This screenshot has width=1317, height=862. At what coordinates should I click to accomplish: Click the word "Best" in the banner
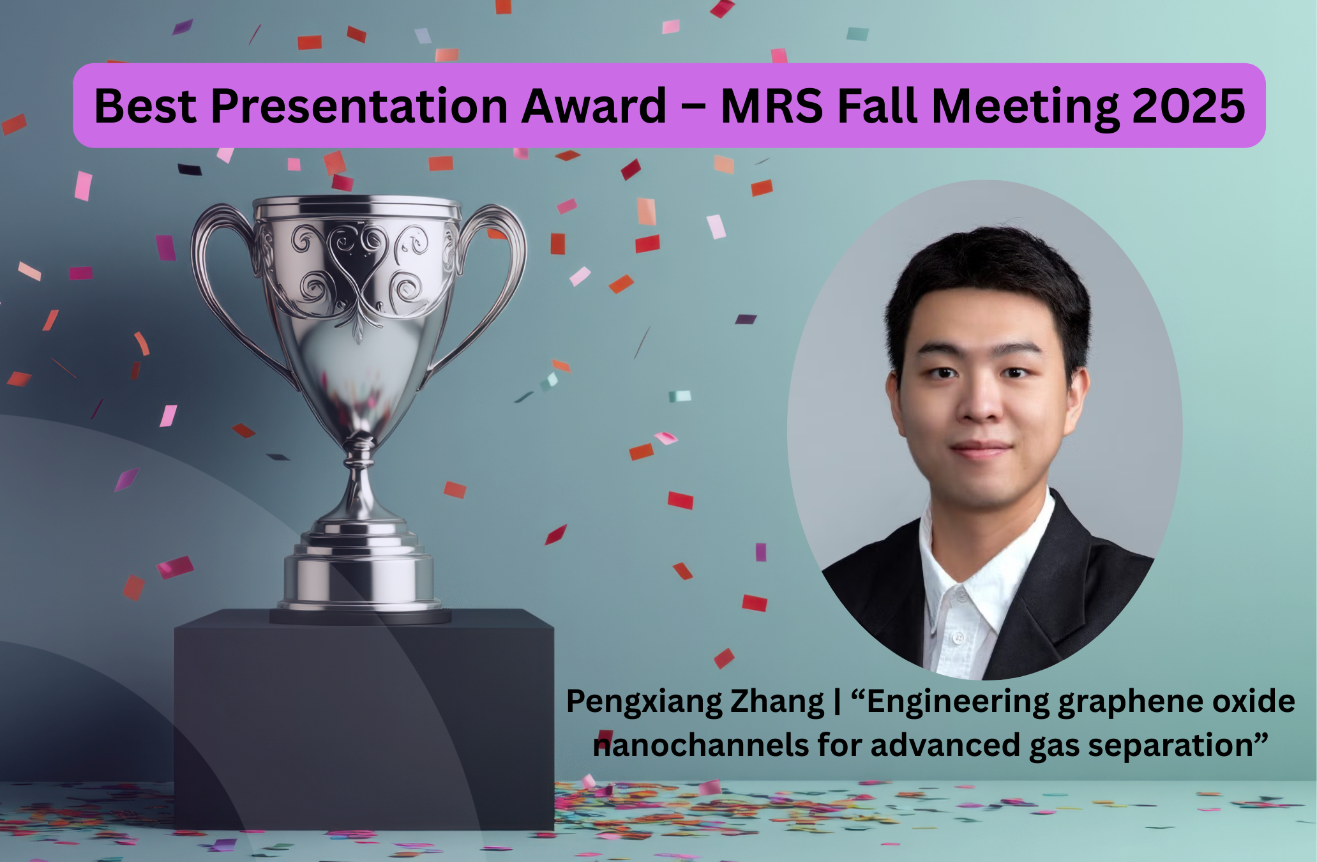pos(146,105)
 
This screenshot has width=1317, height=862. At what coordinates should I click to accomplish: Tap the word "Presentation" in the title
pos(359,105)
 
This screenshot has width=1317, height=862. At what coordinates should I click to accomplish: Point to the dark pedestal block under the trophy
pos(364,718)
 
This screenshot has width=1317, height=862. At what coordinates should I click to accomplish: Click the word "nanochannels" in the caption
pos(701,745)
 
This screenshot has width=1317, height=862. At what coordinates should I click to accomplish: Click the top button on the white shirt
pos(960,596)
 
